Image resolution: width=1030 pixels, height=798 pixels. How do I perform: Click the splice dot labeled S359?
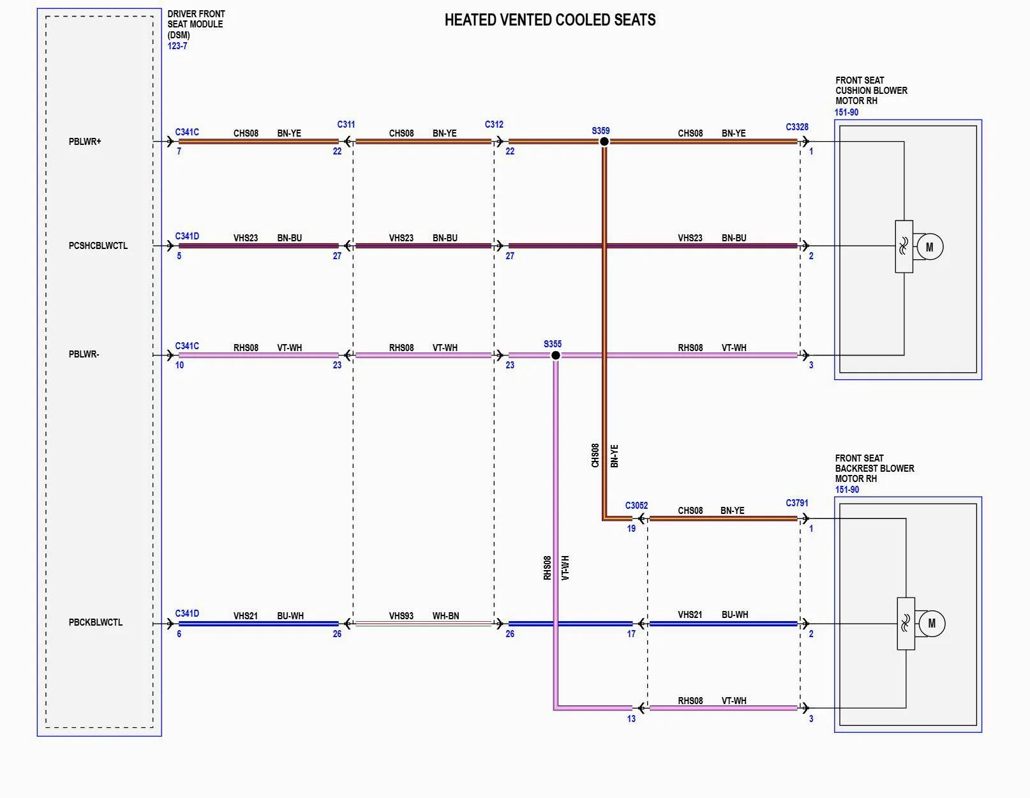(x=604, y=141)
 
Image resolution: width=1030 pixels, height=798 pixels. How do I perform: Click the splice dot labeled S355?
(x=555, y=355)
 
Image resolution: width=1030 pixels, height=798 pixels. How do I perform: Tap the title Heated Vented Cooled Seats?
(x=549, y=20)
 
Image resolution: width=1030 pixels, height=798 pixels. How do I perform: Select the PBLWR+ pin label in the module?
(x=85, y=142)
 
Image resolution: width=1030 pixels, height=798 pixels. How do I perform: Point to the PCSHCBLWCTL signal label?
(x=98, y=246)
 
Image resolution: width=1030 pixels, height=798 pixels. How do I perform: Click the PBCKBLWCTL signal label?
(x=96, y=622)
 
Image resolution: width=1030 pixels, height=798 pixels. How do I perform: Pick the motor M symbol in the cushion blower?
(x=929, y=247)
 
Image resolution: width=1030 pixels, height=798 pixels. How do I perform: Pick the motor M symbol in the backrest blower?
(x=931, y=624)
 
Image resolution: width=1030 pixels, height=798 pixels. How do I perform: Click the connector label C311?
(x=346, y=124)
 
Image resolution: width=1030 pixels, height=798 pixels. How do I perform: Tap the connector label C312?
(x=494, y=124)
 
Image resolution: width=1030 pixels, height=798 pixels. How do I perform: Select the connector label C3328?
(x=797, y=127)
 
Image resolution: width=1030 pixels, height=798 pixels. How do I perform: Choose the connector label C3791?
(x=797, y=503)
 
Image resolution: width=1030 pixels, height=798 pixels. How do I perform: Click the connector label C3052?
(x=636, y=506)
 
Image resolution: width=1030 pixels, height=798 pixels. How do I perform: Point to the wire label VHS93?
(x=401, y=616)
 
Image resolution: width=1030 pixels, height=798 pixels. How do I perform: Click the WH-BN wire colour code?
(x=445, y=616)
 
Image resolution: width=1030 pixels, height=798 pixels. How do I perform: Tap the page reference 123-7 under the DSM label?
(x=177, y=46)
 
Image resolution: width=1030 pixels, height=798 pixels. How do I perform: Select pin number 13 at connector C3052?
(x=631, y=719)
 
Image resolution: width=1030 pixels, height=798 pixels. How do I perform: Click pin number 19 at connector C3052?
(x=631, y=529)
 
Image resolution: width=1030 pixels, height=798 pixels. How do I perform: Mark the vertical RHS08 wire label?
(x=548, y=568)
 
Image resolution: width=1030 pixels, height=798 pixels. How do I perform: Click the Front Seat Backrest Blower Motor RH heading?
(x=874, y=469)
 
